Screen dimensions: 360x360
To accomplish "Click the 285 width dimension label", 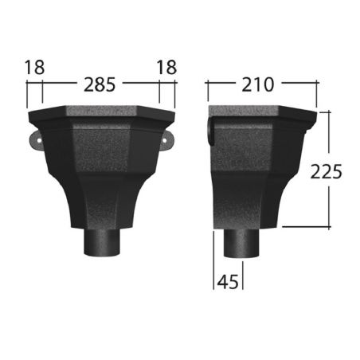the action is tap(100, 85).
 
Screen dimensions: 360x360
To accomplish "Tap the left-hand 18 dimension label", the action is tap(34, 68).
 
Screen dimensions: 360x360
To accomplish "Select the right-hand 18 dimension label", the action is tap(166, 68).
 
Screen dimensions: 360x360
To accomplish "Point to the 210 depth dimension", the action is tap(257, 85).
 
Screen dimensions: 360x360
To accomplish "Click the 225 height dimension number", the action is tap(326, 172).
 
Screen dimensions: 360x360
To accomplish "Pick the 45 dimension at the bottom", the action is tap(228, 282).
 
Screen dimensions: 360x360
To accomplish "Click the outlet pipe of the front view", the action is tap(102, 242).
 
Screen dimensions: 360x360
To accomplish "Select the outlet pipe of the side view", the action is tap(241, 243).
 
